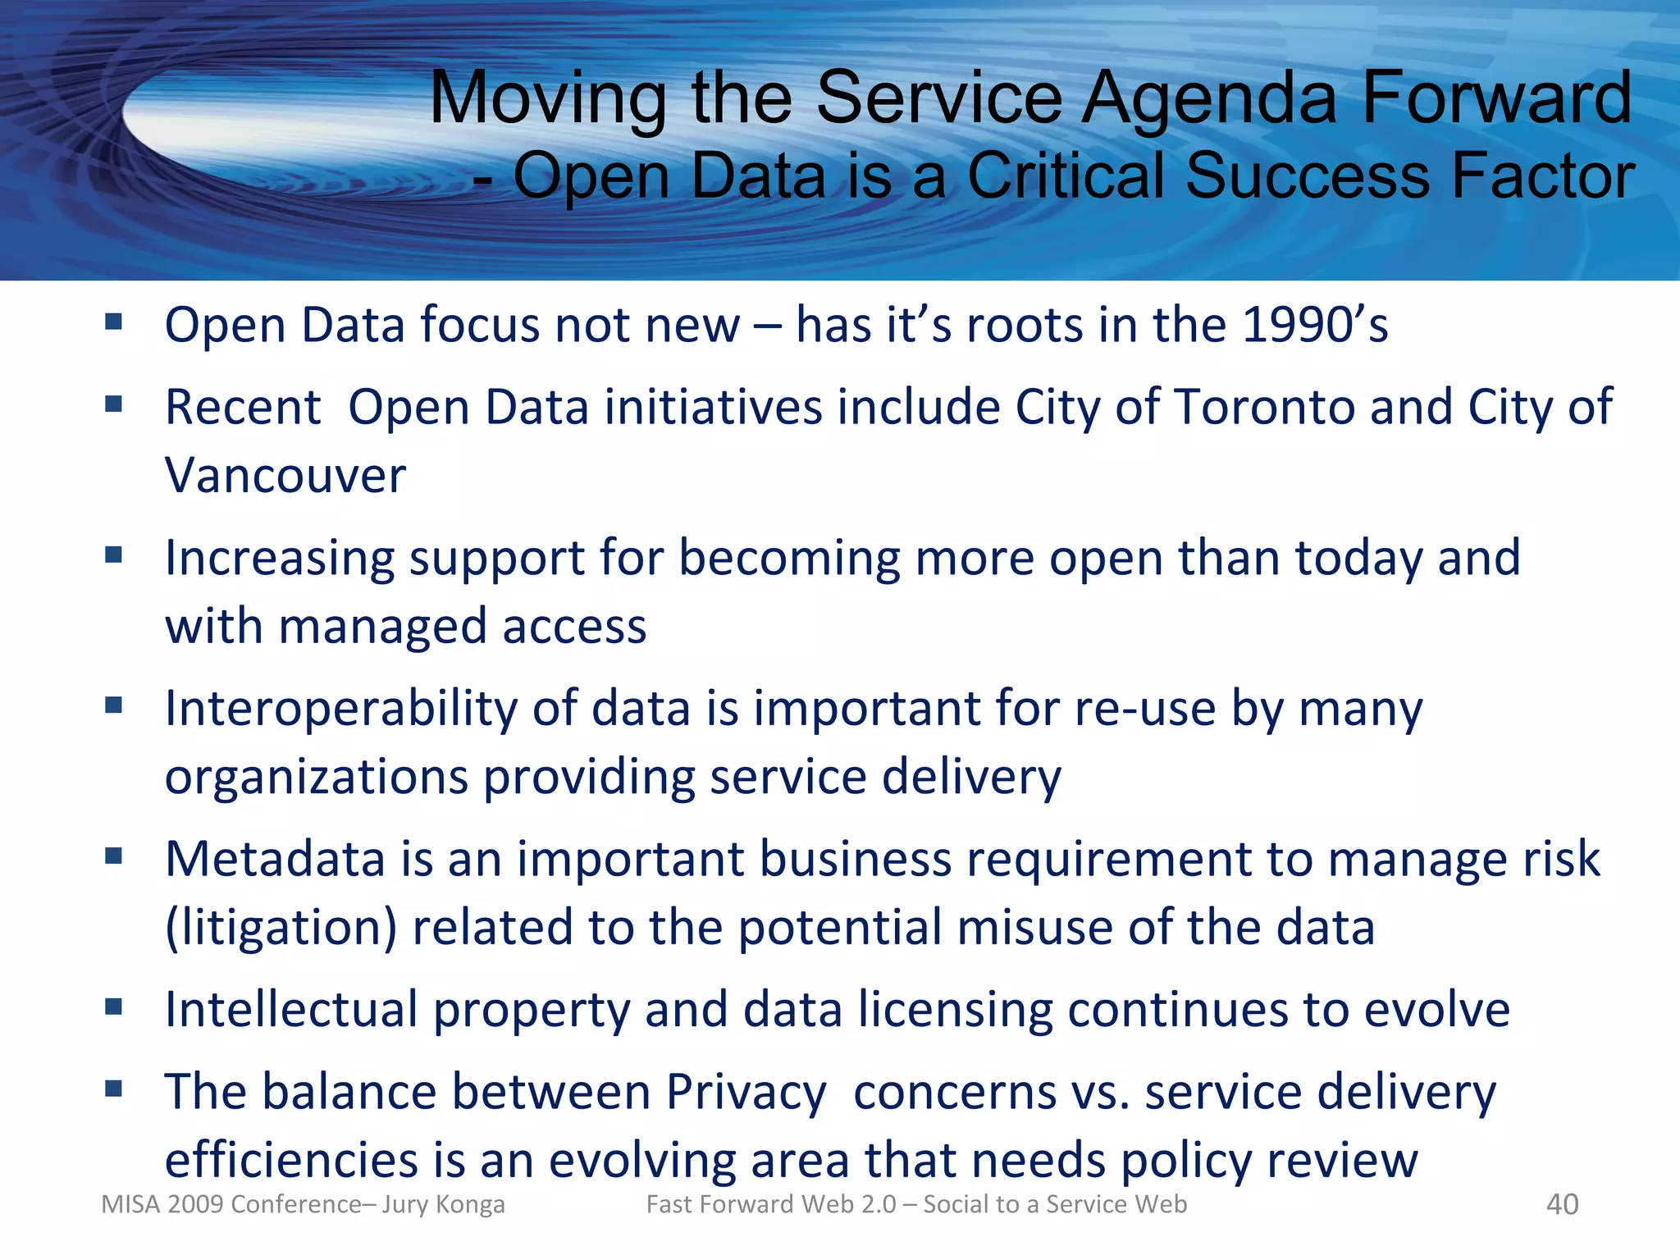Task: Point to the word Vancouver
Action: point(285,476)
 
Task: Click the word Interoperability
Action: point(341,709)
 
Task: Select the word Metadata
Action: point(275,860)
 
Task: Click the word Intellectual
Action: point(291,1010)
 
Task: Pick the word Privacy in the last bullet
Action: point(745,1093)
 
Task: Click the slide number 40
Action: point(1562,1204)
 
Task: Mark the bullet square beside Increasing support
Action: point(114,555)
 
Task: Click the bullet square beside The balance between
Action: point(114,1089)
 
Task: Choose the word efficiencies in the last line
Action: point(291,1161)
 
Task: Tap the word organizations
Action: point(315,778)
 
